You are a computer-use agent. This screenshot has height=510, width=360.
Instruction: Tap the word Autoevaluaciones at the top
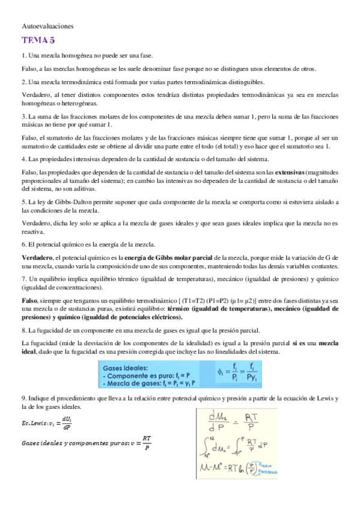coord(47,26)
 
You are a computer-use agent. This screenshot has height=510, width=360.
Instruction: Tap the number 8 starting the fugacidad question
coord(23,330)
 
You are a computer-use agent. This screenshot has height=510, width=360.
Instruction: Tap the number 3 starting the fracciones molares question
coord(23,115)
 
